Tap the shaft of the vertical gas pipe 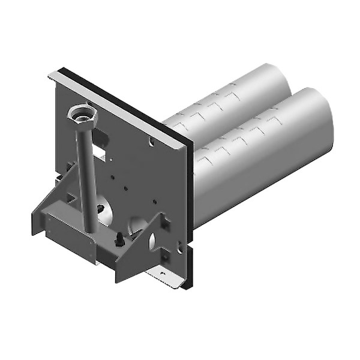(86, 174)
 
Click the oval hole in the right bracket (152, 241)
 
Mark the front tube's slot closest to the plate (204, 159)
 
